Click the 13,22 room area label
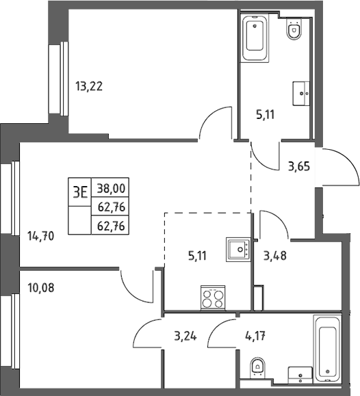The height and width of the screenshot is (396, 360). click(89, 86)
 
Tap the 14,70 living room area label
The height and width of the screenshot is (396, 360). click(40, 237)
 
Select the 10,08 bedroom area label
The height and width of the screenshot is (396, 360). click(40, 288)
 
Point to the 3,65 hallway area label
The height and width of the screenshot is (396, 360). click(299, 167)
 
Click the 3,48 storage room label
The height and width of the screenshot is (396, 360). click(275, 256)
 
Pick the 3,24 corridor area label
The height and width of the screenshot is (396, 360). click(185, 336)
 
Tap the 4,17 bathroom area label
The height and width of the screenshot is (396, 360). click(255, 336)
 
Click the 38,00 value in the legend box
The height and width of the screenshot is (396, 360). click(112, 188)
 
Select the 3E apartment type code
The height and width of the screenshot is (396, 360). click(80, 192)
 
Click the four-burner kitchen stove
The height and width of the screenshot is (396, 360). click(213, 298)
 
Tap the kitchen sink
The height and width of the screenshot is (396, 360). click(238, 249)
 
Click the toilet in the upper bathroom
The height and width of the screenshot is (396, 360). click(294, 29)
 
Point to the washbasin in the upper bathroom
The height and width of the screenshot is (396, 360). click(301, 93)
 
